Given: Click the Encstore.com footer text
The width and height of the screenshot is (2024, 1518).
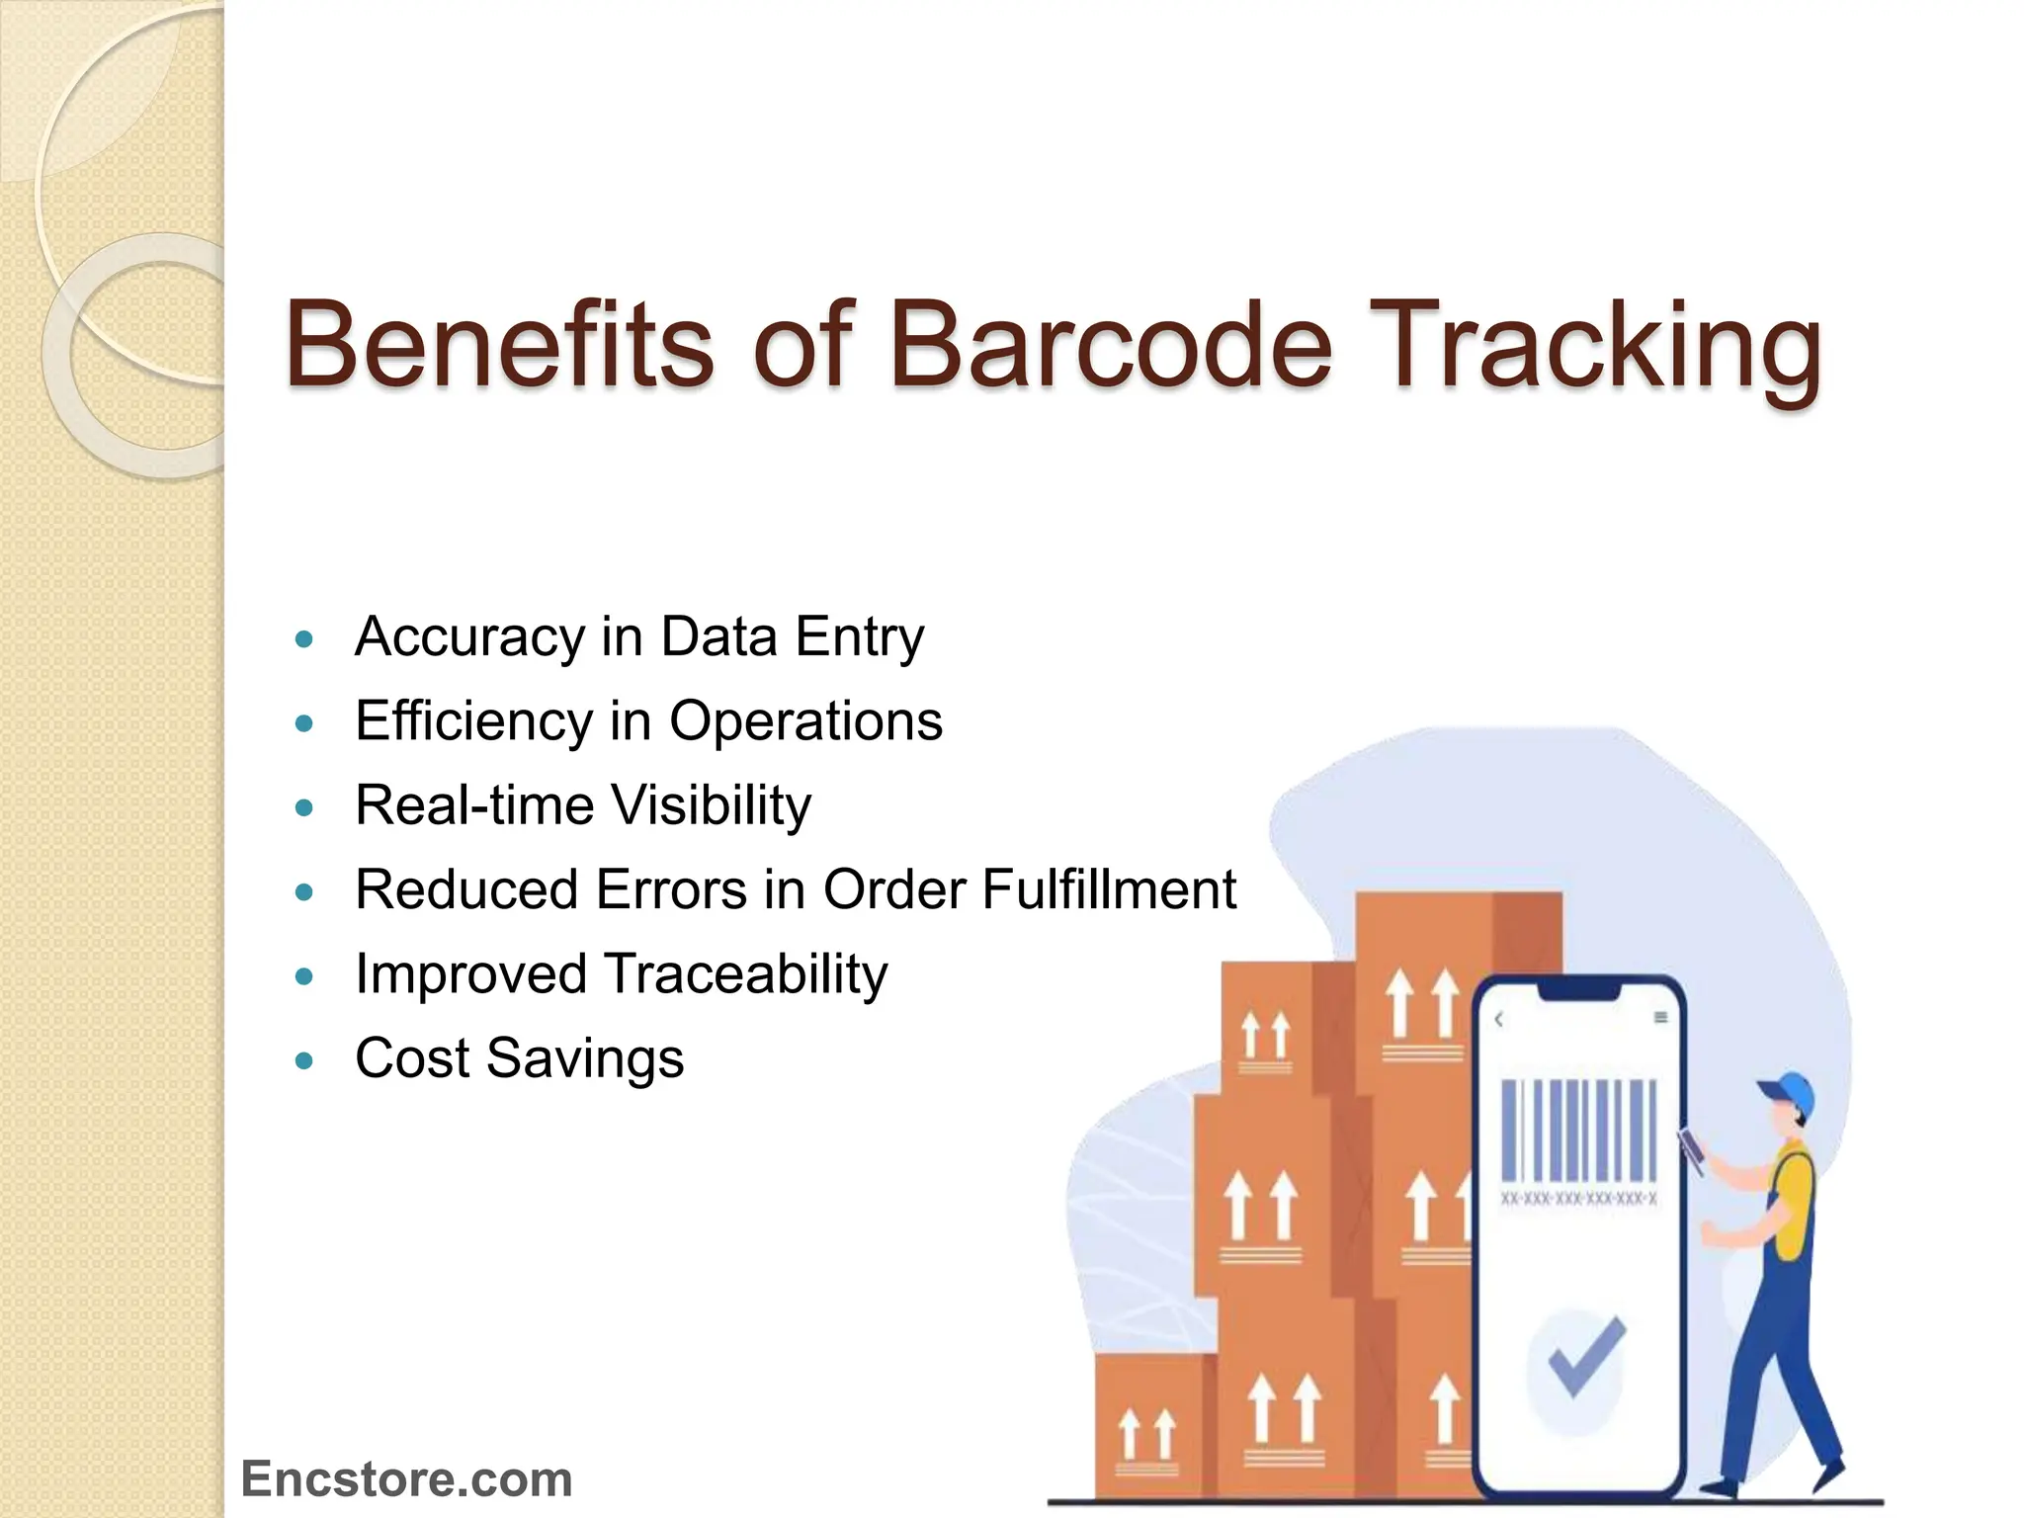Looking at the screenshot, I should pyautogui.click(x=406, y=1479).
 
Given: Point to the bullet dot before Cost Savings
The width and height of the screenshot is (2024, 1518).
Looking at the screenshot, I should pyautogui.click(x=304, y=1061).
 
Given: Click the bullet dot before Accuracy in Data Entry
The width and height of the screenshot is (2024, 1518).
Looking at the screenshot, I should pyautogui.click(x=304, y=638).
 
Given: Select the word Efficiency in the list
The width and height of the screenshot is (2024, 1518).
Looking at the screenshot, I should pyautogui.click(x=473, y=720).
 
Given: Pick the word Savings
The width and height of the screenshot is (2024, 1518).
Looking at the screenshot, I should pyautogui.click(x=585, y=1058).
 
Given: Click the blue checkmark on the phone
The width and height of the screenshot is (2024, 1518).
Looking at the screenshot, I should pyautogui.click(x=1585, y=1355).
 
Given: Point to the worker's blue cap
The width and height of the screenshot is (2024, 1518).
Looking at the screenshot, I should pyautogui.click(x=1790, y=1092).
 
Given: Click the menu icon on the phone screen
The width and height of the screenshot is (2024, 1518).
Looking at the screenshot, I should pyautogui.click(x=1661, y=1018).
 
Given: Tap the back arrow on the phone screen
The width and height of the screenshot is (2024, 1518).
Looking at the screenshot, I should pyautogui.click(x=1499, y=1019).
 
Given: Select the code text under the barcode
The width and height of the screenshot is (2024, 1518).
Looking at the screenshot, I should pyautogui.click(x=1578, y=1200).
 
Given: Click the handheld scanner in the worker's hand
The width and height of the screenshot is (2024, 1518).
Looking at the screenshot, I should pyautogui.click(x=1692, y=1151).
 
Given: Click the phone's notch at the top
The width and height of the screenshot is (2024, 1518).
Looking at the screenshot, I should pyautogui.click(x=1579, y=989).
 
